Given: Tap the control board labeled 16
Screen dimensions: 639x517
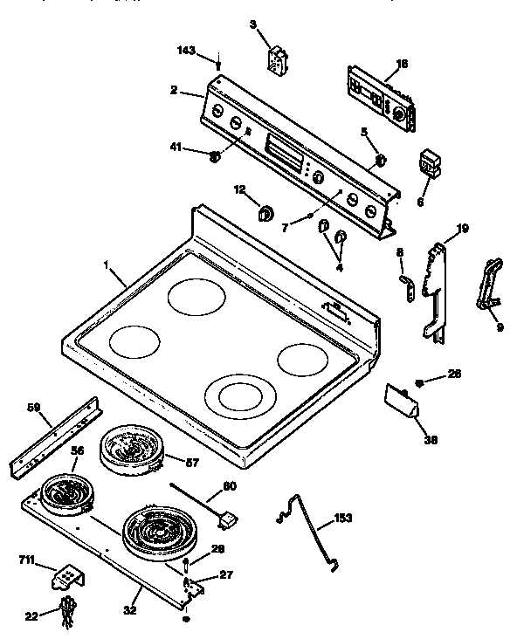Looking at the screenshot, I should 380,98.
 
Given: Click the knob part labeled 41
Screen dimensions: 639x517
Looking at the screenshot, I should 215,156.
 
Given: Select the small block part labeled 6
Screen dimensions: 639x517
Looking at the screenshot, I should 429,163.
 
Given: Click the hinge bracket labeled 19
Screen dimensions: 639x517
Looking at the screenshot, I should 437,288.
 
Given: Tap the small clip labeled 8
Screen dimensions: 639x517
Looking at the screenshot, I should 405,289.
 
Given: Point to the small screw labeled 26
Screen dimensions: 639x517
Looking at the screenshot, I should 419,381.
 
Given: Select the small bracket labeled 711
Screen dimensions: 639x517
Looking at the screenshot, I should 68,576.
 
